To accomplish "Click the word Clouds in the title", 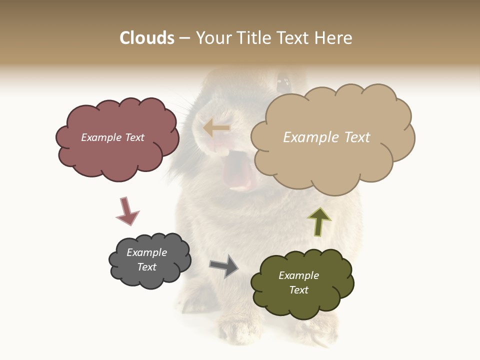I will click(x=147, y=38).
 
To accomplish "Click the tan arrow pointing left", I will click(x=216, y=128).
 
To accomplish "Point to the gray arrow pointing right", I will click(x=224, y=265).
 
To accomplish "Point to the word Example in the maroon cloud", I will click(x=101, y=137).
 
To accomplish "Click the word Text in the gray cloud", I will click(x=147, y=267).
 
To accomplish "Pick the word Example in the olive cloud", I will click(x=298, y=275).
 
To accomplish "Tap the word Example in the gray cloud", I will click(x=146, y=252).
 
